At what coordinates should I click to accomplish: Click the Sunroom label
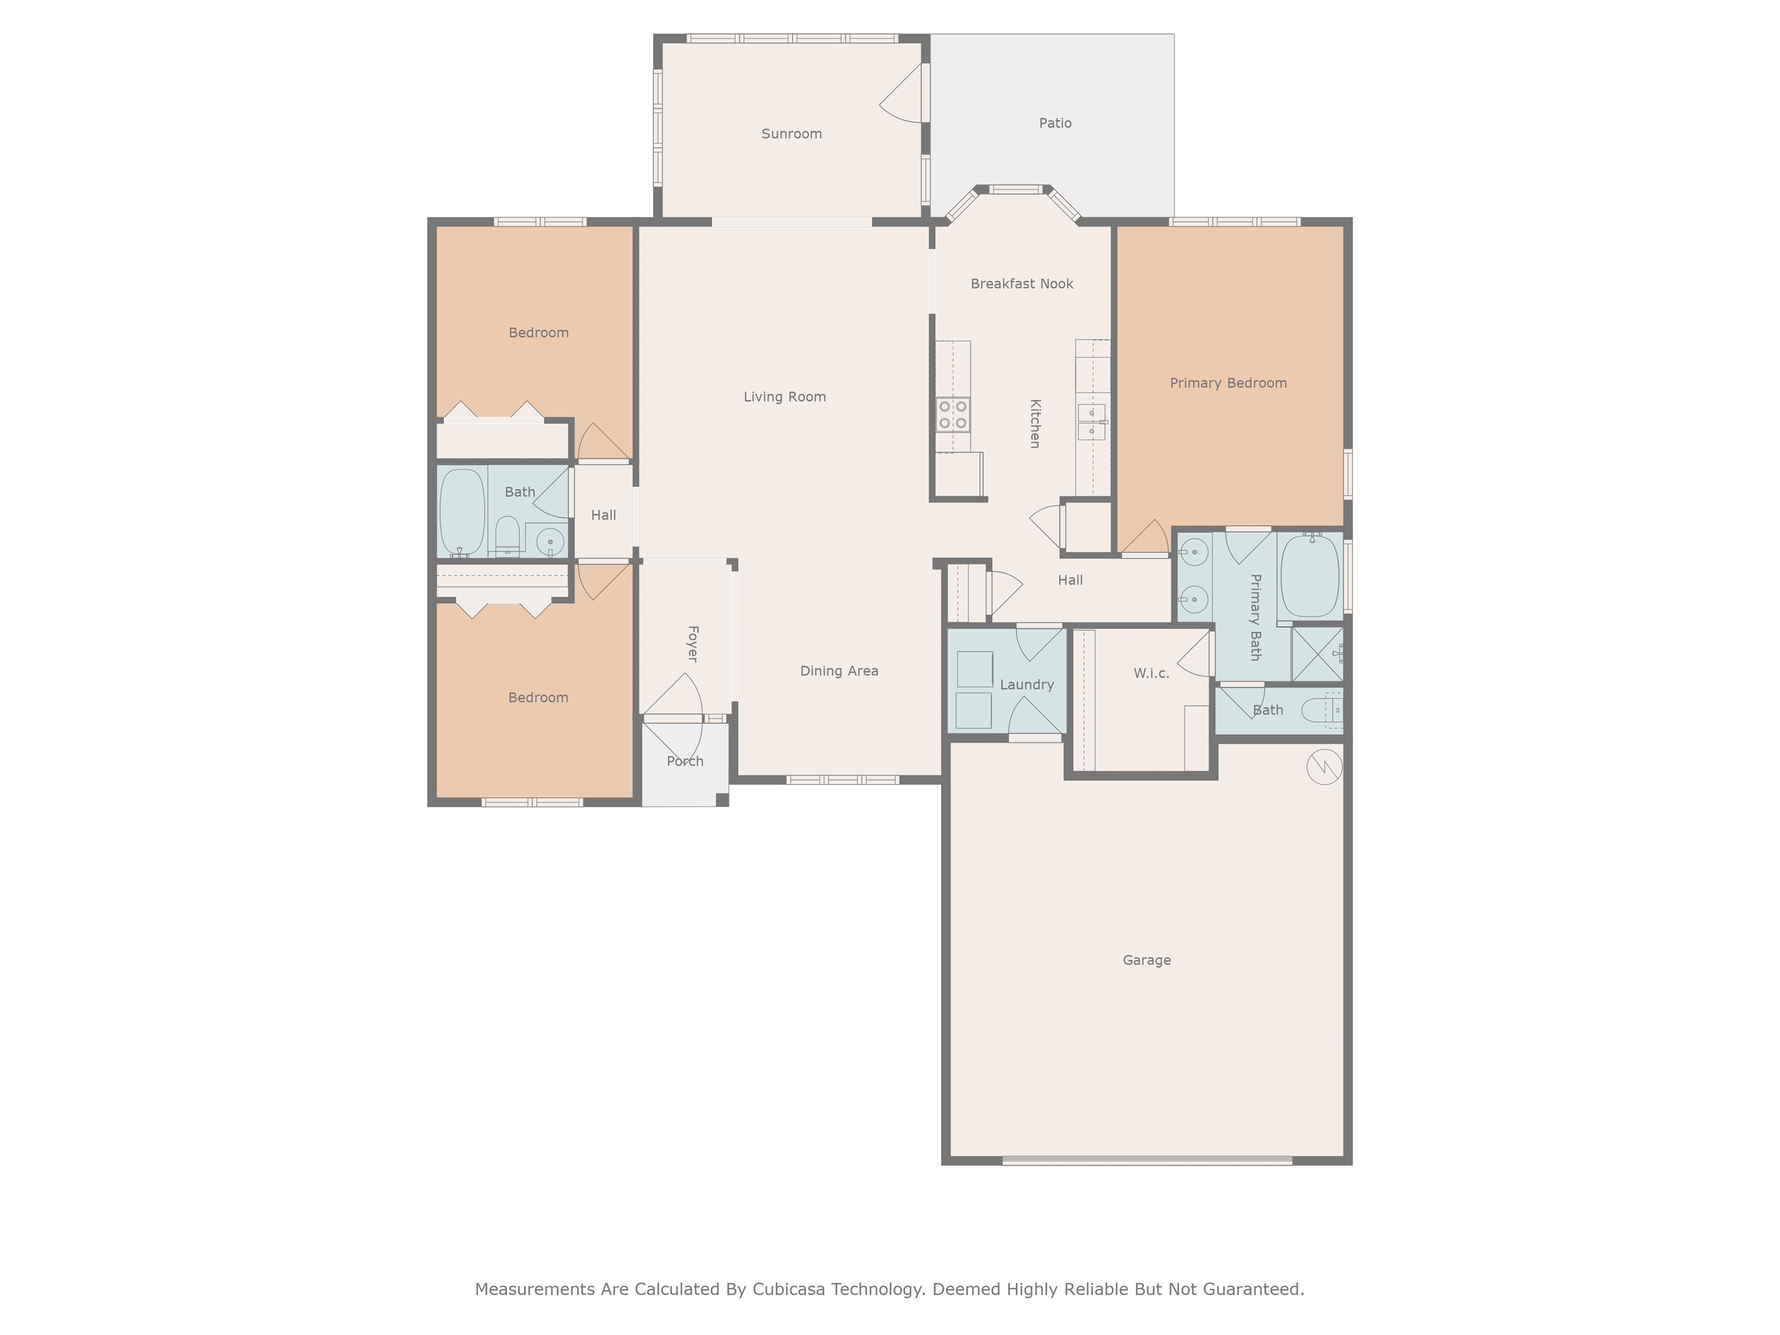coord(792,134)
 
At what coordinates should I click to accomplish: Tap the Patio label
coord(1055,123)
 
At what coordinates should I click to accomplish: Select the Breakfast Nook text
coord(1022,283)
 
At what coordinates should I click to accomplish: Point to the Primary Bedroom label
coord(1228,383)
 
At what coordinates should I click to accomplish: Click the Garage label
coord(1147,960)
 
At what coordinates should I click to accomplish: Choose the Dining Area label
coord(840,671)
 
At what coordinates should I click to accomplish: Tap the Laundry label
coord(1027,685)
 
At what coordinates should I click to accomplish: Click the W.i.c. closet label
coord(1151,673)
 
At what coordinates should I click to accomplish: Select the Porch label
coord(685,761)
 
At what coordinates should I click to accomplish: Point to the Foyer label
coord(692,644)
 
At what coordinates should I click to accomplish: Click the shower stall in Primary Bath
coord(1317,654)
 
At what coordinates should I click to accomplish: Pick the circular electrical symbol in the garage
coord(1324,767)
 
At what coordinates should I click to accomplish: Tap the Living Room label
coord(785,397)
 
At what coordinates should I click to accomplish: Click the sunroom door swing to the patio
coord(900,93)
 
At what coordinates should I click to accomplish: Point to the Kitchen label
coord(1035,424)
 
